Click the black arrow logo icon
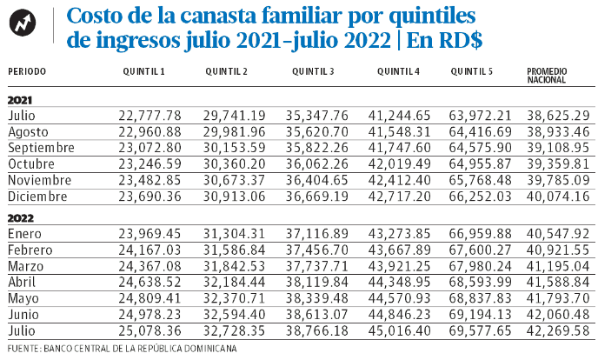(x=23, y=23)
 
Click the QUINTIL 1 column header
(x=143, y=71)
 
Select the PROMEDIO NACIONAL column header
(x=547, y=76)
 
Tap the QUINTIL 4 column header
(x=398, y=71)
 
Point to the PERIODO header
(x=27, y=71)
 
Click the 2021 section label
(x=20, y=100)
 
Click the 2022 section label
(x=21, y=218)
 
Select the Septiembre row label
(x=41, y=148)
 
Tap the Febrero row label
(x=30, y=250)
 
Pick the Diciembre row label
(x=37, y=197)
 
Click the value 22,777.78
(x=149, y=116)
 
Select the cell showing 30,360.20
(x=234, y=164)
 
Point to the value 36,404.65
(x=317, y=180)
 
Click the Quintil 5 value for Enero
(x=480, y=233)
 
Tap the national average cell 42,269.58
(x=558, y=330)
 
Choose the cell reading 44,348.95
(x=399, y=283)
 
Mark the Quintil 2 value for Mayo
(x=234, y=298)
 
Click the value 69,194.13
(x=480, y=315)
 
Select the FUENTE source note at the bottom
(x=122, y=349)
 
